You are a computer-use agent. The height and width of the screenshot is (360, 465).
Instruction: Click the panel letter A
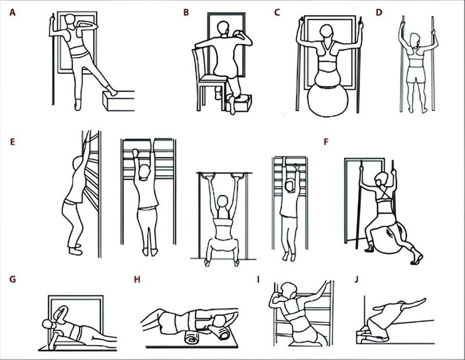[x=12, y=13]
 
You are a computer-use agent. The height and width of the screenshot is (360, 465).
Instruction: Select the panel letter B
[x=186, y=13]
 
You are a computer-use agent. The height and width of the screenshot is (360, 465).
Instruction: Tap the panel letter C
[x=277, y=13]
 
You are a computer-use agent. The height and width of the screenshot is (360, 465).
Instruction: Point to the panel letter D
[x=379, y=13]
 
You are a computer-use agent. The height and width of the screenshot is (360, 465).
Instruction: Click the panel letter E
[x=12, y=142]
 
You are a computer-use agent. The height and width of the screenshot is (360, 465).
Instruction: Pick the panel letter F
[x=326, y=142]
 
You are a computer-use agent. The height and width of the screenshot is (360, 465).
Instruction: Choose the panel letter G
[x=12, y=279]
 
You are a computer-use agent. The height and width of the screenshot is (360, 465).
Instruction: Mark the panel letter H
[x=137, y=279]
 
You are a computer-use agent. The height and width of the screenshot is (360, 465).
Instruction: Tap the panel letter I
[x=258, y=279]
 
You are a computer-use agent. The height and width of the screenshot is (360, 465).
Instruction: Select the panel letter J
[x=356, y=279]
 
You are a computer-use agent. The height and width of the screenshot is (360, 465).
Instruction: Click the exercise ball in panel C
[x=327, y=99]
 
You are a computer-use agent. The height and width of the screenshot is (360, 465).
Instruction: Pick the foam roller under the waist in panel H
[x=194, y=338]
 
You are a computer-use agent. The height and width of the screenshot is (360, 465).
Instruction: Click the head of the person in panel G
[x=48, y=324]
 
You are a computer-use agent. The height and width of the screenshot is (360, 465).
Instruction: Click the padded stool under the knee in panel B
[x=240, y=104]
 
